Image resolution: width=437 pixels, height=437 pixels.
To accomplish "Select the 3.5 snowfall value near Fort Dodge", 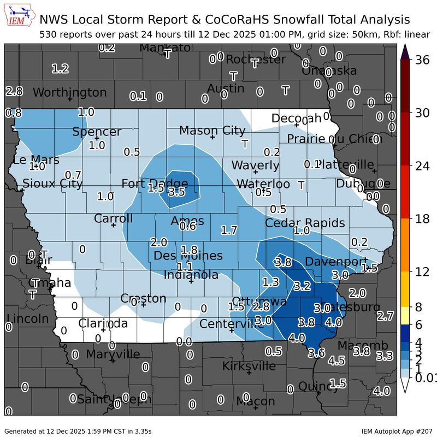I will (176, 192).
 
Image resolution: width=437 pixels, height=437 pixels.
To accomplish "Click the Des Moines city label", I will (188, 256).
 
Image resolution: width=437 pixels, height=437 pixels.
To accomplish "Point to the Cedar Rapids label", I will (305, 223).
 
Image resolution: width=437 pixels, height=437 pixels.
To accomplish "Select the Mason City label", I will (212, 131).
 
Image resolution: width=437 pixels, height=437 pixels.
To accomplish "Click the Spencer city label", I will (97, 132).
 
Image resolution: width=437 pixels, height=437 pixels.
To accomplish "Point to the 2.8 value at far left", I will (14, 91).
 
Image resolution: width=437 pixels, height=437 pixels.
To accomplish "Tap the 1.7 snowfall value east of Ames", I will (229, 230).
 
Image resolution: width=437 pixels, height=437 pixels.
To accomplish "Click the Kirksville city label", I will (249, 365).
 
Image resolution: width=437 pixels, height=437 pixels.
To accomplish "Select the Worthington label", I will (70, 92).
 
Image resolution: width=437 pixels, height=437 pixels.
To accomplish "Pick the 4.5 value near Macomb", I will (336, 361).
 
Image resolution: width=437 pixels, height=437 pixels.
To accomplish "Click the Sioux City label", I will (52, 184).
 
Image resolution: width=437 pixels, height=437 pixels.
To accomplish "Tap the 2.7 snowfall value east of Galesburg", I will (385, 316).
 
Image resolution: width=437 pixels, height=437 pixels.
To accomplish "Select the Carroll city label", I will (114, 218).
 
